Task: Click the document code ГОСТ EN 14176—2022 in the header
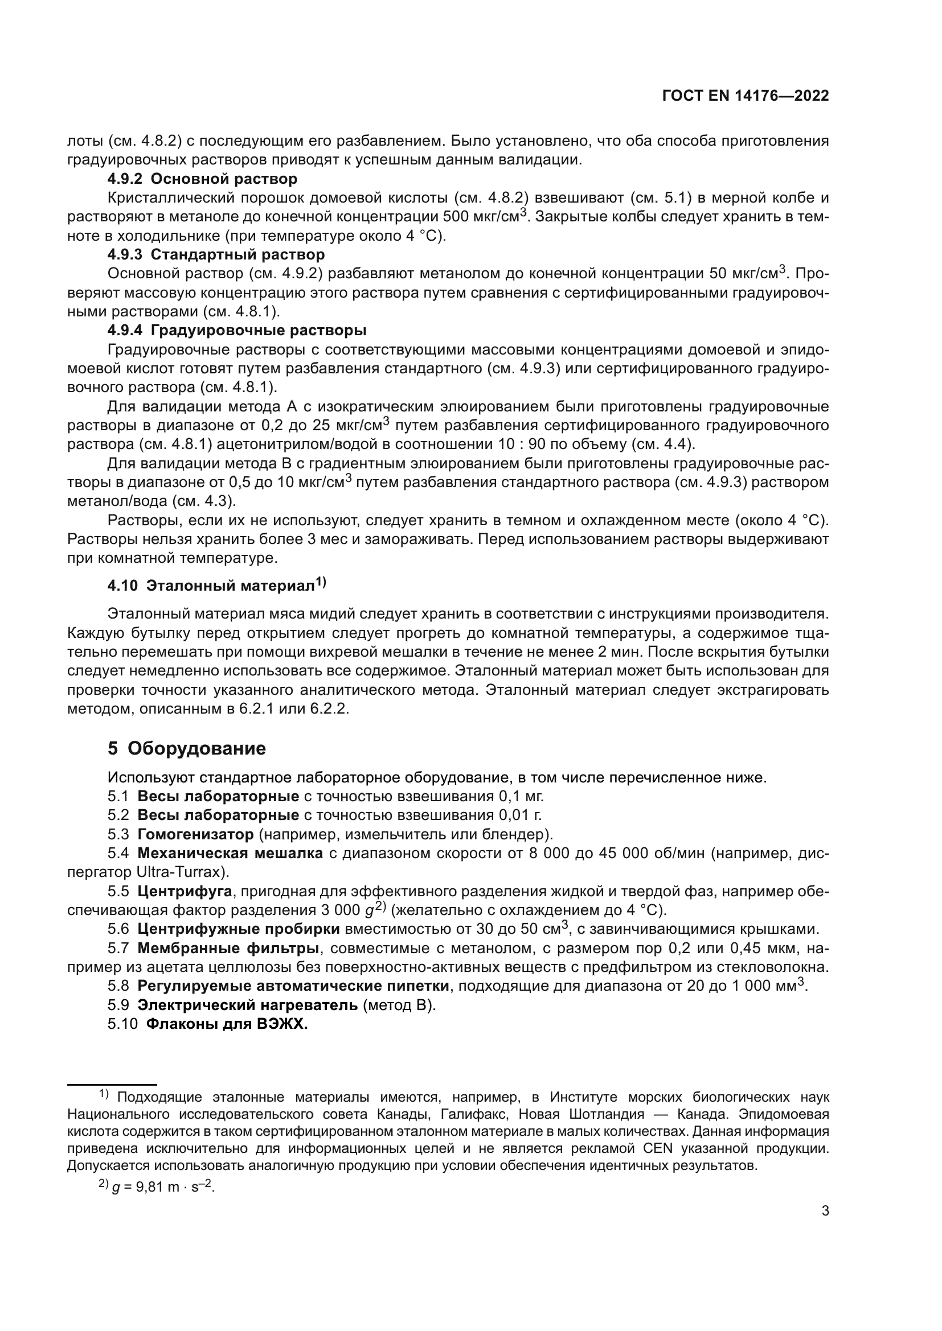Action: point(745,96)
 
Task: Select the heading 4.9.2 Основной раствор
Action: point(202,179)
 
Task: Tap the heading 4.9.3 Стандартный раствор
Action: point(216,254)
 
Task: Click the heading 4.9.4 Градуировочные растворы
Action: point(237,331)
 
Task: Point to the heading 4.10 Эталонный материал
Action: point(216,586)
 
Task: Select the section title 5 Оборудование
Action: point(186,748)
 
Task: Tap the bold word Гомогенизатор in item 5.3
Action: point(195,835)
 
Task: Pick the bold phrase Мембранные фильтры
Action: point(228,949)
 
